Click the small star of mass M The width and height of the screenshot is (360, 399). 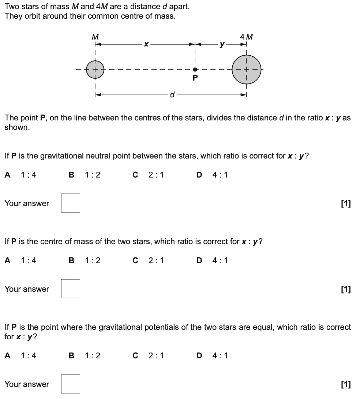pos(95,69)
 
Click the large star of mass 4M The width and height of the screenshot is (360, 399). pos(247,69)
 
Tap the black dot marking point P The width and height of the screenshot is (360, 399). pos(195,69)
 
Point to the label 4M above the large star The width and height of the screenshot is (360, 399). pos(247,37)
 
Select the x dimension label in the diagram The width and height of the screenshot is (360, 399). pos(146,44)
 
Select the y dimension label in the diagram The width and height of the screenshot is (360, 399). pos(221,44)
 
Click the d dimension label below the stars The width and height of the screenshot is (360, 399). pos(172,95)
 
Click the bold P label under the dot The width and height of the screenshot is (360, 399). pos(195,78)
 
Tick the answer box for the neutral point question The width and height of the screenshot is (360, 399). pos(70,203)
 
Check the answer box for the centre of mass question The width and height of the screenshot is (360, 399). pos(70,289)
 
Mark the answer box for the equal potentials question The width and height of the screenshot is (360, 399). pos(70,384)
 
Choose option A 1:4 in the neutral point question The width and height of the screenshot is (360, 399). pos(20,175)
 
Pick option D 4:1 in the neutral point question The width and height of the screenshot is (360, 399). pos(212,175)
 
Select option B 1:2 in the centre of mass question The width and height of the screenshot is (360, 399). pos(85,261)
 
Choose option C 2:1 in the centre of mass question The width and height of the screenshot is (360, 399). pos(148,261)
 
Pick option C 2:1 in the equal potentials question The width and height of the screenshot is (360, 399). pos(148,355)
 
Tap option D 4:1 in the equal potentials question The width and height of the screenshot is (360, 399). pos(212,355)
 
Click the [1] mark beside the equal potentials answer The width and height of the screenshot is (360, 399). pos(346,384)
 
